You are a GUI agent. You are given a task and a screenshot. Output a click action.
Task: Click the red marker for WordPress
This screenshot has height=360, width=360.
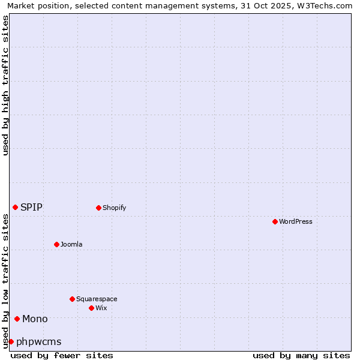point(275,221)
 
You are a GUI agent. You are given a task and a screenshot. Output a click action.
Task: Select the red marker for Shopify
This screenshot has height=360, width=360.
point(98,208)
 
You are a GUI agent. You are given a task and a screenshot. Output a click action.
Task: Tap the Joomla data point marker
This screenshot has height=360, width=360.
point(56,244)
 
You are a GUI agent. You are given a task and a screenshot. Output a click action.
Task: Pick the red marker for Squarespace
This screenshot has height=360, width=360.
point(72,299)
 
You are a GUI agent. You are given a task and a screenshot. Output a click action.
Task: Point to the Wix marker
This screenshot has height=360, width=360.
point(91,308)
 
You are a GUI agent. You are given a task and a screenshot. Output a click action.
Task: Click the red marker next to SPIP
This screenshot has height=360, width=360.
point(15,207)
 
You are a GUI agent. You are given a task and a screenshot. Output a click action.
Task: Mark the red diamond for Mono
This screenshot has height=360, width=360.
point(17,319)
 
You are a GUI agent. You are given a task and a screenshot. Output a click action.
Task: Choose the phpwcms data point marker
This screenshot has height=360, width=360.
point(11,341)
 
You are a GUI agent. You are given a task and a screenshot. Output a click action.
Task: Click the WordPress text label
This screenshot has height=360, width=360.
point(295,221)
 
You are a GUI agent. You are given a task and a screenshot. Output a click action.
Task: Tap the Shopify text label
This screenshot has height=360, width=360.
point(114,208)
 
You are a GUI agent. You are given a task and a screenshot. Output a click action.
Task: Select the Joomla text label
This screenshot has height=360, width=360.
point(71,244)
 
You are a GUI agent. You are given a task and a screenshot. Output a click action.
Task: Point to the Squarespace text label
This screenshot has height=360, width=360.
point(97,299)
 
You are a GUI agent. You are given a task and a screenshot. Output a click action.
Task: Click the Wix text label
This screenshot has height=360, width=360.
point(101,308)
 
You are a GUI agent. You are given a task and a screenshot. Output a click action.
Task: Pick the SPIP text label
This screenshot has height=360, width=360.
point(31,207)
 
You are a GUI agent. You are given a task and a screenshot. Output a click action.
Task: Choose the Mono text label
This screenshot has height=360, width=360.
point(35,319)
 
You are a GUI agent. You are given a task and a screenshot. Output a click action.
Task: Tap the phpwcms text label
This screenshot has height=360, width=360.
point(38,341)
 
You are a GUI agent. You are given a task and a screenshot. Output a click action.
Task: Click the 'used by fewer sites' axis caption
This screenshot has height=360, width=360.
point(62,355)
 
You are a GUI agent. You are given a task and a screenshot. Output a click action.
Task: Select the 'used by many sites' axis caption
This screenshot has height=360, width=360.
point(301,355)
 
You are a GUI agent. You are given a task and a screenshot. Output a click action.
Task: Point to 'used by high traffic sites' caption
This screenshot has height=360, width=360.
point(5,85)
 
